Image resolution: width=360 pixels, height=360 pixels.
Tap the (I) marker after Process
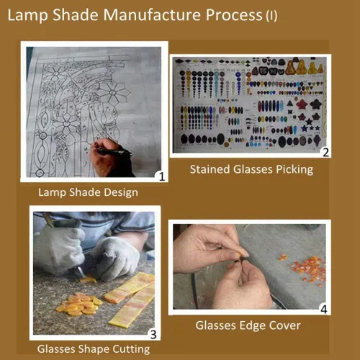click(271, 16)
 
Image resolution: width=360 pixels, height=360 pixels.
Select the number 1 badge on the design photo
click(161, 176)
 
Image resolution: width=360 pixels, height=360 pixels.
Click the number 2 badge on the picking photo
click(325, 153)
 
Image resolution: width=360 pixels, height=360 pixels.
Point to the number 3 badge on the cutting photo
click(153, 335)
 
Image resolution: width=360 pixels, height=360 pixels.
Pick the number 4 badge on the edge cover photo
click(324, 310)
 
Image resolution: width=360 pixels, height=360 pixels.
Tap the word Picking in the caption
click(294, 170)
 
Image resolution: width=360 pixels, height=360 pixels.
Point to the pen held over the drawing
click(114, 151)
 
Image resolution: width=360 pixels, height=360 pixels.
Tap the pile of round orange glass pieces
click(78, 303)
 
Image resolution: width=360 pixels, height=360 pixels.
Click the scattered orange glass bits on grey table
click(307, 270)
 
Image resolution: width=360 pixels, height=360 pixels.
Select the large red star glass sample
click(302, 104)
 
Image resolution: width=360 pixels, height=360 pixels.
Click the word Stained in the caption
click(210, 169)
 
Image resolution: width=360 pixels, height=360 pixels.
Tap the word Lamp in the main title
click(27, 16)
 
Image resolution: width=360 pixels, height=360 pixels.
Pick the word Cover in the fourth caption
click(285, 325)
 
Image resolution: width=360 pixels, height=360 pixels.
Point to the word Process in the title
click(234, 15)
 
